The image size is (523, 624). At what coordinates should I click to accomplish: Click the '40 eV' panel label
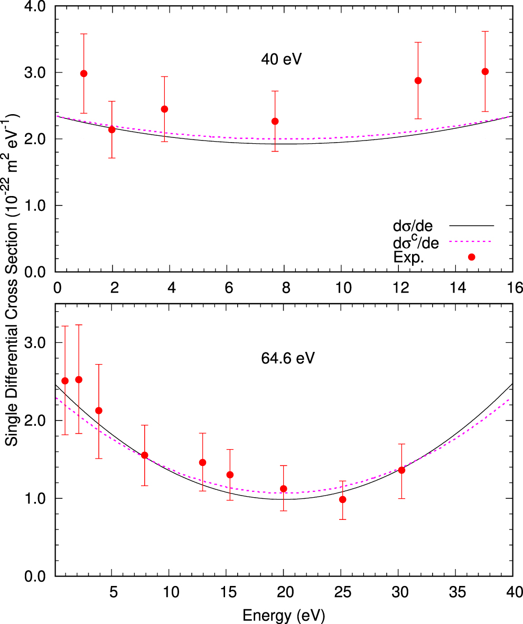pyautogui.click(x=281, y=59)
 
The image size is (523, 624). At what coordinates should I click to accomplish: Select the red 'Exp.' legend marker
pyautogui.click(x=472, y=257)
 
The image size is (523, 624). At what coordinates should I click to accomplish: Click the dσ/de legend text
pyautogui.click(x=413, y=226)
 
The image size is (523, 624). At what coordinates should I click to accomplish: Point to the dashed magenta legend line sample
pyautogui.click(x=471, y=241)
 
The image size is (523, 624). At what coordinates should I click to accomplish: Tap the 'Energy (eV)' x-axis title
pyautogui.click(x=283, y=614)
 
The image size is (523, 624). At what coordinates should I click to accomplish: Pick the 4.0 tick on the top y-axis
pyautogui.click(x=35, y=6)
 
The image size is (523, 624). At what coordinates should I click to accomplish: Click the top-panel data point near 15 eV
pyautogui.click(x=485, y=71)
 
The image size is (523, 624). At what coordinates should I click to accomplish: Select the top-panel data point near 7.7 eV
pyautogui.click(x=275, y=121)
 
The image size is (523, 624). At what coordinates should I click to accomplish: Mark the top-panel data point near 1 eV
pyautogui.click(x=83, y=73)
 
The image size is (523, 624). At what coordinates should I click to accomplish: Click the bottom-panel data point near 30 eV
pyautogui.click(x=401, y=470)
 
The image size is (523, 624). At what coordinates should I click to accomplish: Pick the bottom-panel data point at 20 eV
pyautogui.click(x=284, y=489)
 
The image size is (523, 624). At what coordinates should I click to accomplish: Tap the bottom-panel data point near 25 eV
pyautogui.click(x=343, y=499)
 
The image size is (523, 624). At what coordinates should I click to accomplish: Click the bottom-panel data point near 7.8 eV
pyautogui.click(x=144, y=455)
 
